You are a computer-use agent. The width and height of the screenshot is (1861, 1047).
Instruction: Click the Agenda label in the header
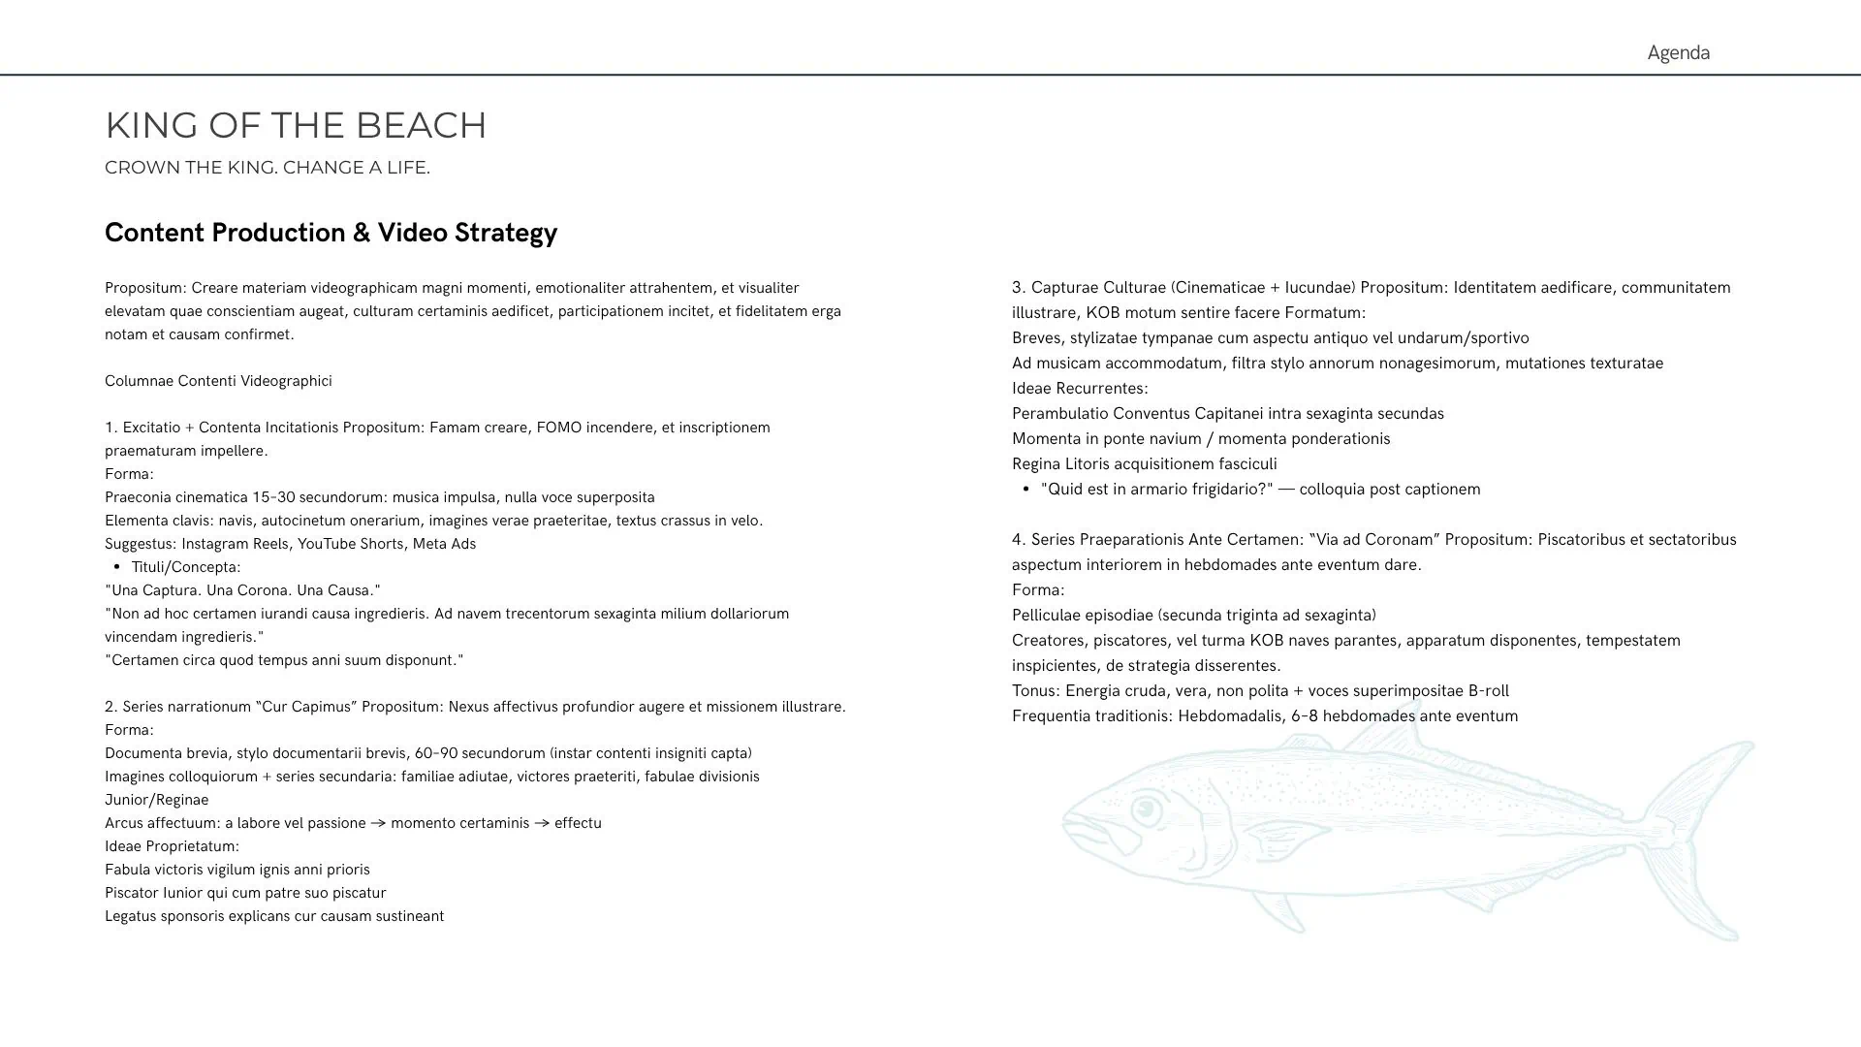tap(1678, 52)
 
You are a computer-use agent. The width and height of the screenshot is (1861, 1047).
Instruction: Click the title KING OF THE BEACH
tap(296, 125)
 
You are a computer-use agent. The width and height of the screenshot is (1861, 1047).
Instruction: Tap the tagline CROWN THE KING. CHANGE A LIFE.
tap(267, 168)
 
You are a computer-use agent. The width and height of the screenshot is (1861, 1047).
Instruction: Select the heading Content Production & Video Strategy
tap(331, 233)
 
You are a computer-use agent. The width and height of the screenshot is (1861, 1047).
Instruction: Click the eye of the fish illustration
tap(1147, 808)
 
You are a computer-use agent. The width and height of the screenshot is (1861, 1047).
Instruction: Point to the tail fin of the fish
tap(1706, 834)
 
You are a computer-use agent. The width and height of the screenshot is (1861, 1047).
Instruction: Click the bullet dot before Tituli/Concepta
tap(117, 567)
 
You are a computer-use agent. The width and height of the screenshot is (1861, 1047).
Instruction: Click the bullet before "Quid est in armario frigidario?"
tap(1025, 490)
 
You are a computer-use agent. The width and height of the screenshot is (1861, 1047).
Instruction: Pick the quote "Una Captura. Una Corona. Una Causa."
tap(242, 590)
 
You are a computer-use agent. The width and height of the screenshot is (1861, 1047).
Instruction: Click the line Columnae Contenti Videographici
tap(218, 381)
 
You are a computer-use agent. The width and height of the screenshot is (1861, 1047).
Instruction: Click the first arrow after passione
tap(378, 823)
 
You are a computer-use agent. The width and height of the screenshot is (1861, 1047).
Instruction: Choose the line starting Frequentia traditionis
tap(1265, 716)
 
